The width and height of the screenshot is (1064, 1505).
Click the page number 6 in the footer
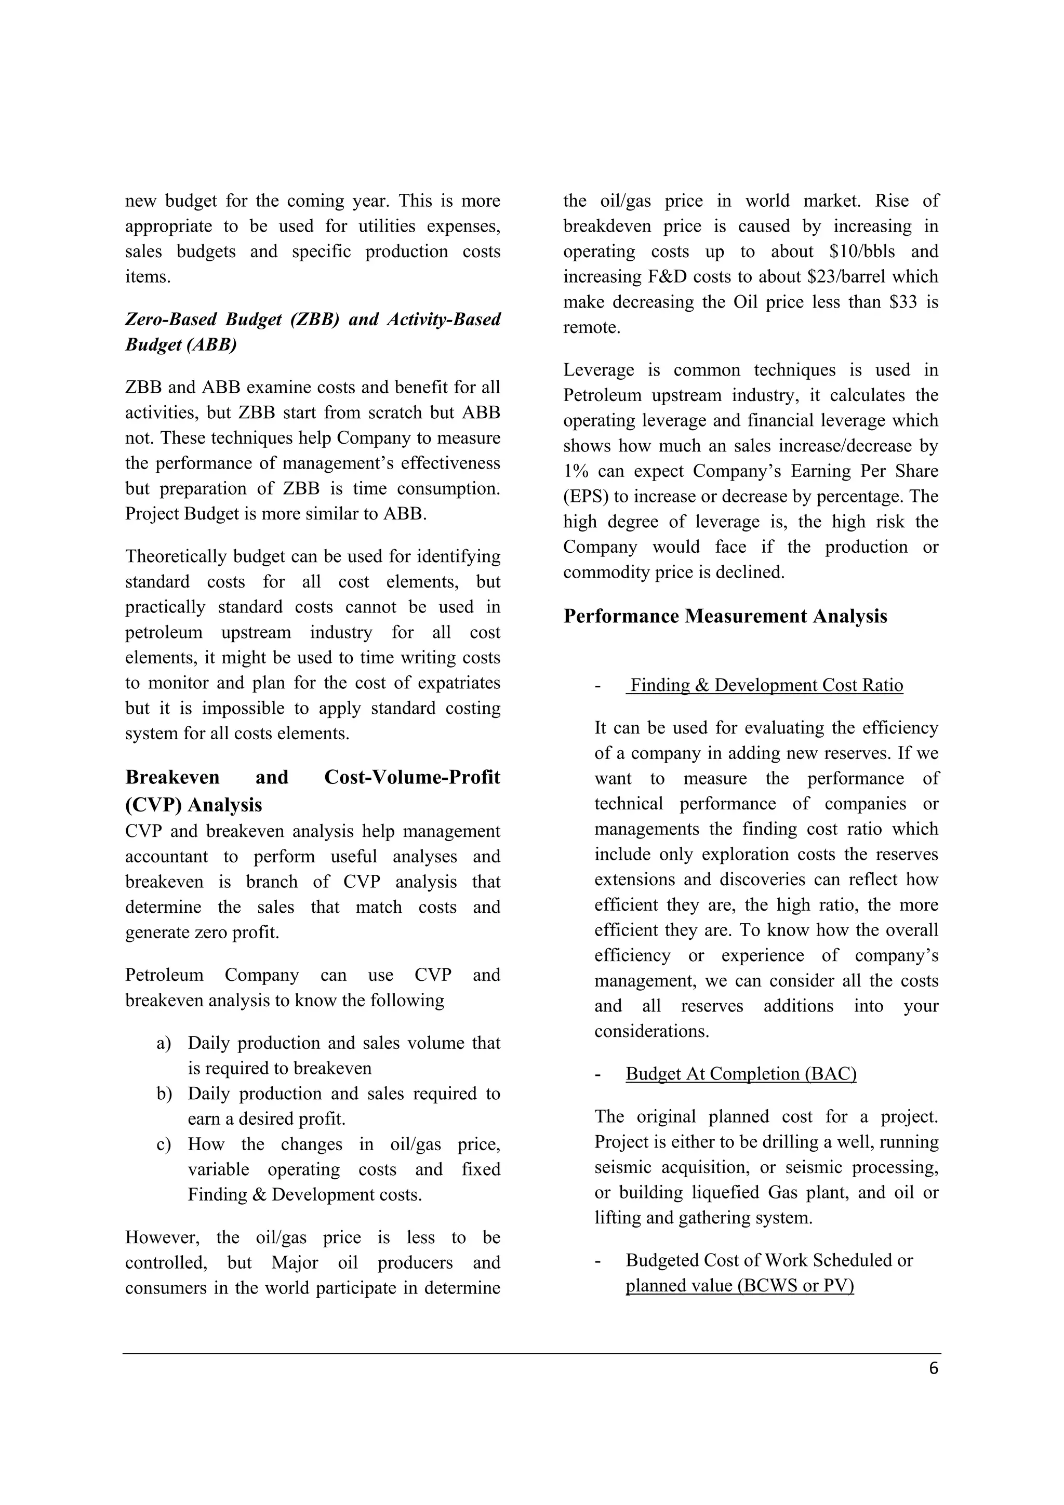pyautogui.click(x=934, y=1369)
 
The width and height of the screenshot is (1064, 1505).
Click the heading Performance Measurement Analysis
pyautogui.click(x=725, y=616)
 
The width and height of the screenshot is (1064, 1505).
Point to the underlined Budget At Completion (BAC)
pyautogui.click(x=741, y=1074)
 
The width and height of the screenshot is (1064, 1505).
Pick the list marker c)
pyautogui.click(x=163, y=1144)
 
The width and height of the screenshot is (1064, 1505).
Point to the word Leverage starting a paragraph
pyautogui.click(x=598, y=370)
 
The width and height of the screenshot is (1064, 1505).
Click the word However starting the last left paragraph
pyautogui.click(x=163, y=1237)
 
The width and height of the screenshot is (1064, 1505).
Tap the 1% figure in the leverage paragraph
pyautogui.click(x=577, y=471)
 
